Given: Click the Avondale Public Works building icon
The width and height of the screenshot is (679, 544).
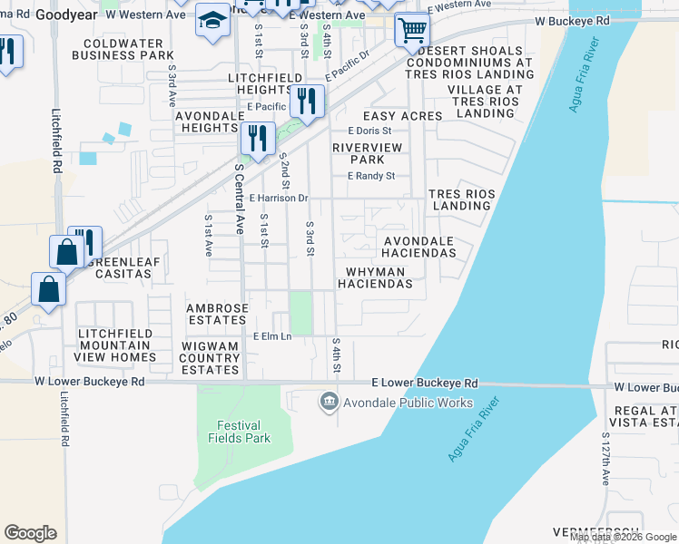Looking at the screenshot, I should [x=329, y=401].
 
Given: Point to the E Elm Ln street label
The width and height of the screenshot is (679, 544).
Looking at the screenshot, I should [x=272, y=336].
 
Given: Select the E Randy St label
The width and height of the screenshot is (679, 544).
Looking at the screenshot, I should [x=371, y=176].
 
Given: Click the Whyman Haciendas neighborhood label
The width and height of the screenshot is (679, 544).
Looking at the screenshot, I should [x=375, y=277].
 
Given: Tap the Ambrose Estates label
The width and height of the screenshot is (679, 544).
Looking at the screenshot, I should [x=217, y=314].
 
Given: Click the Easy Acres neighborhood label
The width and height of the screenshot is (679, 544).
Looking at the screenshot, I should [x=396, y=116].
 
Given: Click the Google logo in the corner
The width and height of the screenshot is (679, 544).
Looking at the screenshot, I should [x=30, y=532].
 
